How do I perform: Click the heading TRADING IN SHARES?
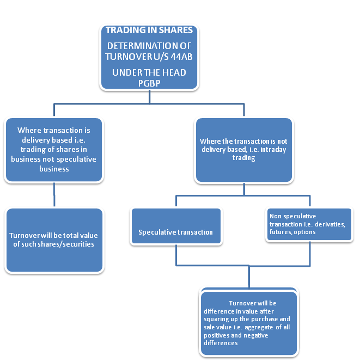[x=148, y=30]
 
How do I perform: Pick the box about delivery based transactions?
[x=53, y=149]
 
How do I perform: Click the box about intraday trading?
[x=243, y=150]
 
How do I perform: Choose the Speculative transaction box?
[x=175, y=232]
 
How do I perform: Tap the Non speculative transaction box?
[x=310, y=224]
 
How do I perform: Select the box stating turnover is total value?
[x=53, y=240]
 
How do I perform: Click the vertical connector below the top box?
[x=149, y=95]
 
